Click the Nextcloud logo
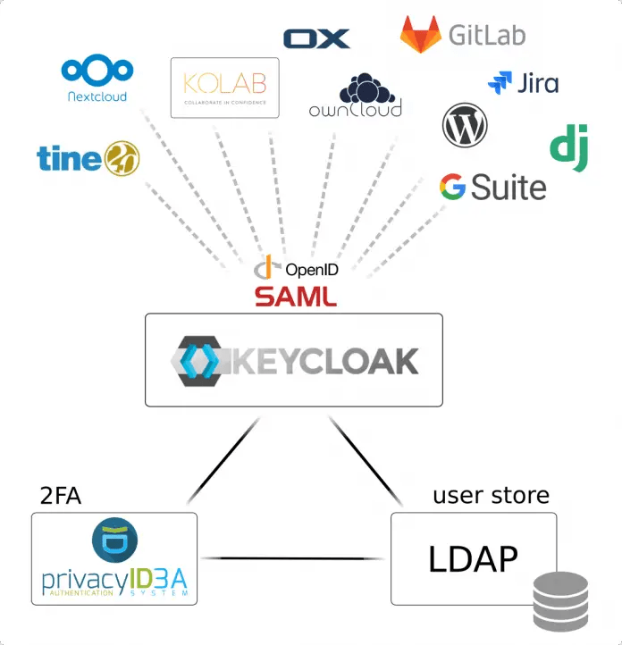click(97, 78)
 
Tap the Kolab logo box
click(224, 88)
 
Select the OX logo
click(316, 38)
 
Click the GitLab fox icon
click(419, 34)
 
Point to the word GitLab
click(486, 35)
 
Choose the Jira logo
click(523, 83)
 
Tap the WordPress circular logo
click(465, 125)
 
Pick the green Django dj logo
click(568, 148)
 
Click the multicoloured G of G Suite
click(452, 188)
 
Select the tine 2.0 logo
click(88, 157)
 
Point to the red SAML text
click(296, 296)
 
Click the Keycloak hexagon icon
click(196, 360)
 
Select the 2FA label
click(61, 496)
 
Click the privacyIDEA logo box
click(114, 558)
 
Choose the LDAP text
click(473, 559)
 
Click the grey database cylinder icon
click(560, 603)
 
